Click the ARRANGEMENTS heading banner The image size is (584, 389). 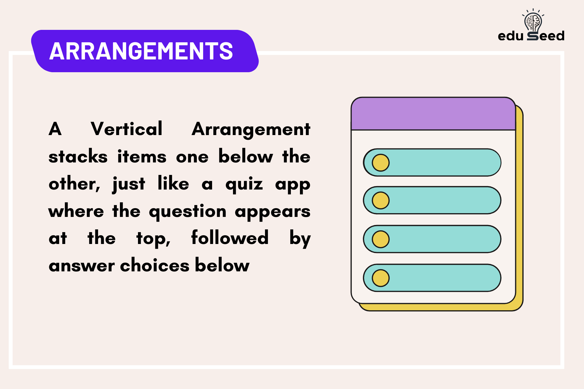[142, 51]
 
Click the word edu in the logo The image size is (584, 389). [510, 36]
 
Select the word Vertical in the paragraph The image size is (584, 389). [126, 129]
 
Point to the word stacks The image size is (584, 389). [78, 156]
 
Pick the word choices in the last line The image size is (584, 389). [154, 265]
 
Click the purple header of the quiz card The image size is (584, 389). [433, 114]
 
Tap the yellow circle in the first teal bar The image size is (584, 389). [381, 162]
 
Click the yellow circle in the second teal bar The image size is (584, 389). [381, 200]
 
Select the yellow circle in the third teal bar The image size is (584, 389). [381, 239]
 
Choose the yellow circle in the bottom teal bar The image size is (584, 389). [381, 278]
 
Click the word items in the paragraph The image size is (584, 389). [142, 156]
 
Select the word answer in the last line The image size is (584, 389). [82, 266]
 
